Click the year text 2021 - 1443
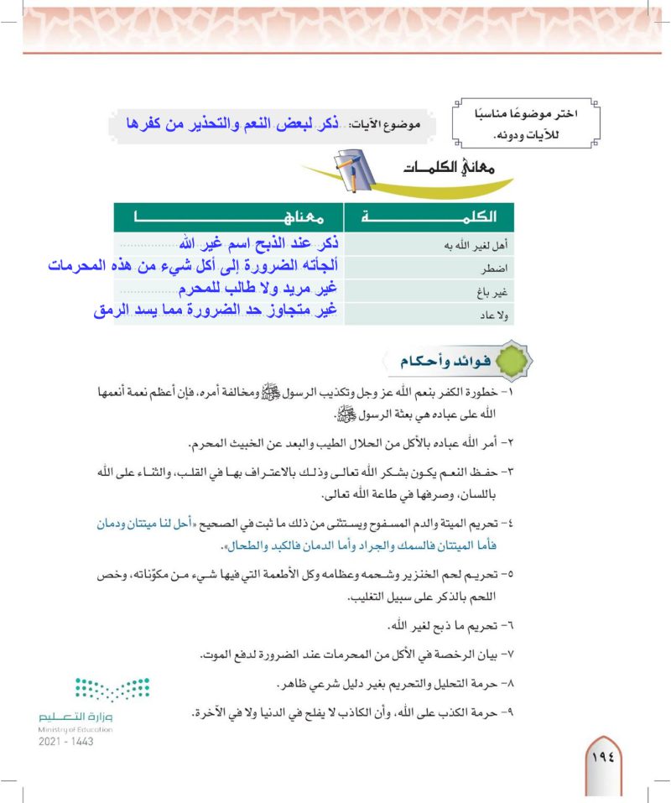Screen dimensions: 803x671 tap(65, 743)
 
